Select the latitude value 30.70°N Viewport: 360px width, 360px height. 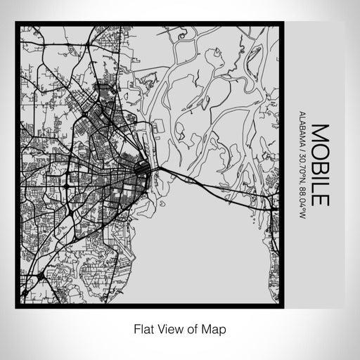[301, 167]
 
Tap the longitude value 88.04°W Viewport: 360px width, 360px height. [301, 199]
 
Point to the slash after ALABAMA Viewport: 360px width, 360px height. [301, 148]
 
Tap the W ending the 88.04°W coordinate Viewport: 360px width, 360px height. [301, 214]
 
